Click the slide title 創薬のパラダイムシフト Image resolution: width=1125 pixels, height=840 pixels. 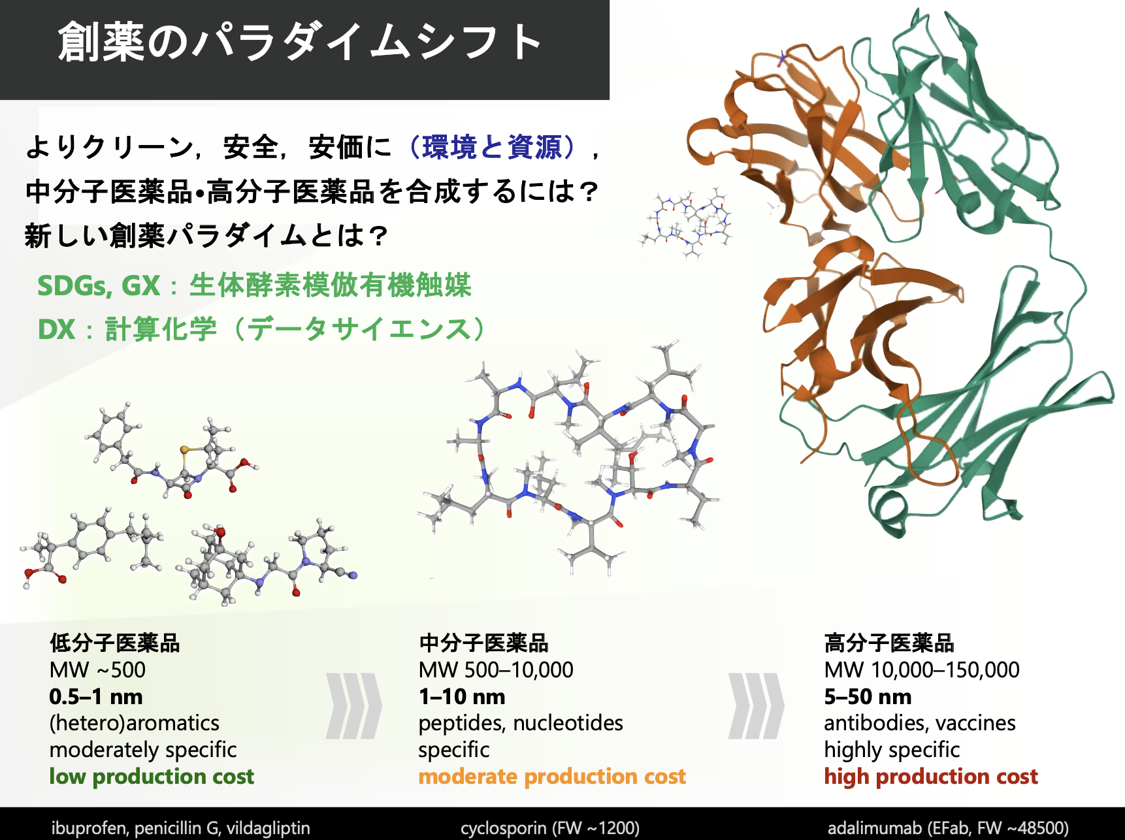[x=300, y=43]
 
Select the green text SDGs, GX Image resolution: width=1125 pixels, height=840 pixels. [x=99, y=285]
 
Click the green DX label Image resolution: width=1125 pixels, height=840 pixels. [x=56, y=329]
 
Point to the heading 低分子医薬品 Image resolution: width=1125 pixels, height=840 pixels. [x=114, y=643]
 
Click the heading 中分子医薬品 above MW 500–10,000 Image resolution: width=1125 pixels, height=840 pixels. [x=483, y=643]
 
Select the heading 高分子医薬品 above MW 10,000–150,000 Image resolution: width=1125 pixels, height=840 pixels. [x=889, y=643]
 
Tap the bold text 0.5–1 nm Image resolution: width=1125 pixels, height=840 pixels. [x=96, y=696]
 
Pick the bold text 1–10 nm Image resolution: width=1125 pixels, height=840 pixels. [x=462, y=696]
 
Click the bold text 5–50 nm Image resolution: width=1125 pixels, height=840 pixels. [x=868, y=696]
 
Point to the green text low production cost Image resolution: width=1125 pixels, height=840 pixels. [x=152, y=776]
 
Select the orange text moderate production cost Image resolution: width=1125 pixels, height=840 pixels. [x=552, y=776]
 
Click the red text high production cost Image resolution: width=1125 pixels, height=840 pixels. [x=931, y=776]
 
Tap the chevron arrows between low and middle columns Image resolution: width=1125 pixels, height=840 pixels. [x=353, y=705]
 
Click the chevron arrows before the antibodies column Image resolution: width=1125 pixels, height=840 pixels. [x=756, y=705]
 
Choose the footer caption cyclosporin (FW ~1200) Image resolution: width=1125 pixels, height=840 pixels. [x=550, y=828]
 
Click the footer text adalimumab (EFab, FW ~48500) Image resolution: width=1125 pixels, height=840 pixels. [x=948, y=828]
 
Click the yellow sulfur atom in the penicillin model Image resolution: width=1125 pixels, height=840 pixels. [x=186, y=449]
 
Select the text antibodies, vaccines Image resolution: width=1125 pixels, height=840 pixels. [x=920, y=723]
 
